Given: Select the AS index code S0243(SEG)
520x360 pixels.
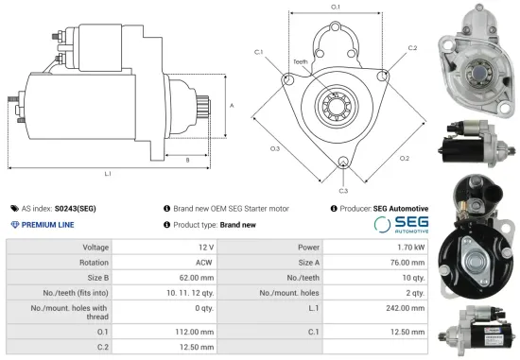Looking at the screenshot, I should (75, 208).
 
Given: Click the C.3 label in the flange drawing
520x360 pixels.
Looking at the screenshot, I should (343, 191).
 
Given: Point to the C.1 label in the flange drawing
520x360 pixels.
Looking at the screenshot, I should (258, 53).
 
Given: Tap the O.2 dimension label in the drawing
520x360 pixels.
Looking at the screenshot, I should (404, 158).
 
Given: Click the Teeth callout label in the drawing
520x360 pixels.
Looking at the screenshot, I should (300, 61).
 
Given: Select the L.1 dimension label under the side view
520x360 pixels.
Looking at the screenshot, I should (108, 174).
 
